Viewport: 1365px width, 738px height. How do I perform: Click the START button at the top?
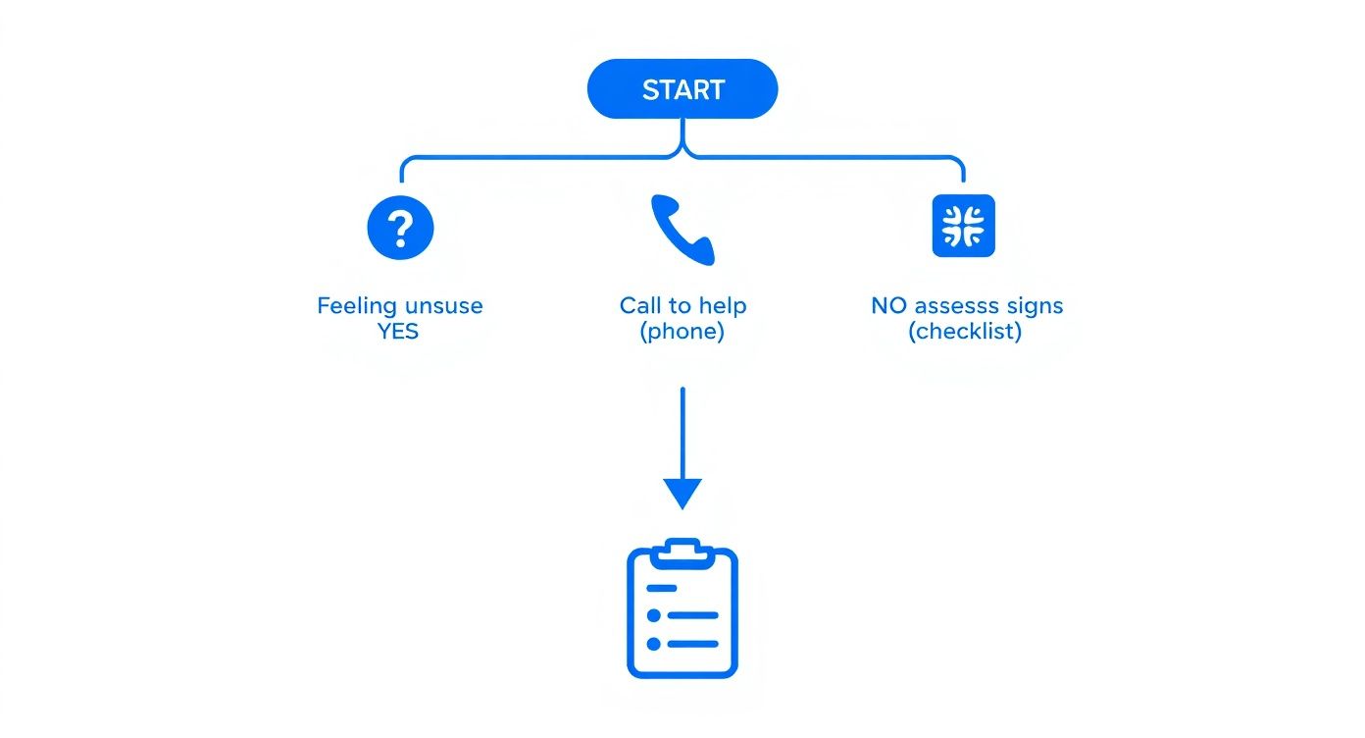[682, 89]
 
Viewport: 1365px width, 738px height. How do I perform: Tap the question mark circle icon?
[400, 227]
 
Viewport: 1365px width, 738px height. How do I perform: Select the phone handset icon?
[682, 229]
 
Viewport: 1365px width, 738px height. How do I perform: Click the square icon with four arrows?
[962, 226]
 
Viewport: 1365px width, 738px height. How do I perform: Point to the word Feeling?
[354, 306]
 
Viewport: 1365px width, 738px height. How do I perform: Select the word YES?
[398, 332]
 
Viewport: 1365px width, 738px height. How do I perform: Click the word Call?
[640, 306]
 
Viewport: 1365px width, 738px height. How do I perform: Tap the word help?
[723, 306]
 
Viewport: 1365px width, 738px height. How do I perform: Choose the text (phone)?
[682, 332]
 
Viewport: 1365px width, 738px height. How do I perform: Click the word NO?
[888, 306]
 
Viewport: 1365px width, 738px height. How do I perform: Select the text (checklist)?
[965, 332]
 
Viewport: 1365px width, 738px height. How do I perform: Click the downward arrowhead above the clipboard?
[682, 492]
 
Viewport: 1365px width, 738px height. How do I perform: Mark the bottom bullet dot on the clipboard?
[653, 645]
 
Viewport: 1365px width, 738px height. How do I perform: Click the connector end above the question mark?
[402, 180]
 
